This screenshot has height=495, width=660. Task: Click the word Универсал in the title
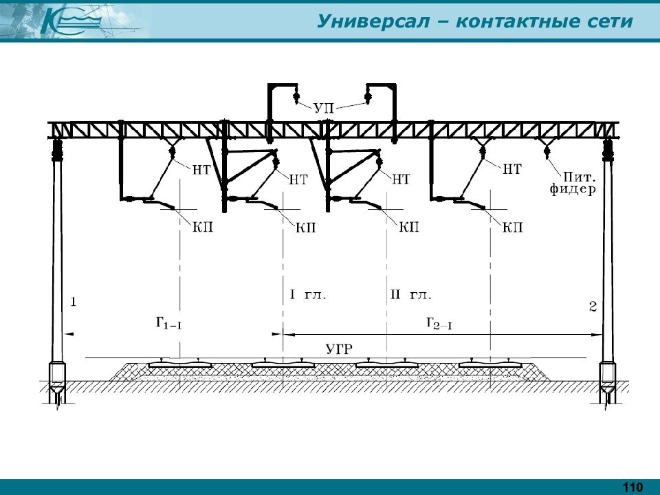click(x=373, y=21)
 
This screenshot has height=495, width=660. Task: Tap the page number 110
click(x=632, y=487)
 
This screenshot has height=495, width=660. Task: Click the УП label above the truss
click(x=324, y=108)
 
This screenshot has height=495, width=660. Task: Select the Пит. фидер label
click(x=573, y=183)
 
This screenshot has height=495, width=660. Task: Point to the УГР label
click(x=339, y=349)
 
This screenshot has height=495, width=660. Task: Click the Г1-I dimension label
click(x=168, y=323)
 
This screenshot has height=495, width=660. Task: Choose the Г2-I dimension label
click(x=439, y=323)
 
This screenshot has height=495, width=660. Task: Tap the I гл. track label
click(x=308, y=295)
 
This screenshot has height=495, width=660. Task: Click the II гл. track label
click(x=411, y=295)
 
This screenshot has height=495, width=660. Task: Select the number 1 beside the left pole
click(x=74, y=302)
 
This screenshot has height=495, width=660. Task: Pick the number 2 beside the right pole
click(x=593, y=307)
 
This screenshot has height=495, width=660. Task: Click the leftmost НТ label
click(x=201, y=170)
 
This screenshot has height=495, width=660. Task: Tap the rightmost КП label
click(x=512, y=228)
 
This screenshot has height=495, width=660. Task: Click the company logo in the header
click(x=71, y=21)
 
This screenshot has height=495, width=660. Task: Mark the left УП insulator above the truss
click(x=296, y=96)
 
